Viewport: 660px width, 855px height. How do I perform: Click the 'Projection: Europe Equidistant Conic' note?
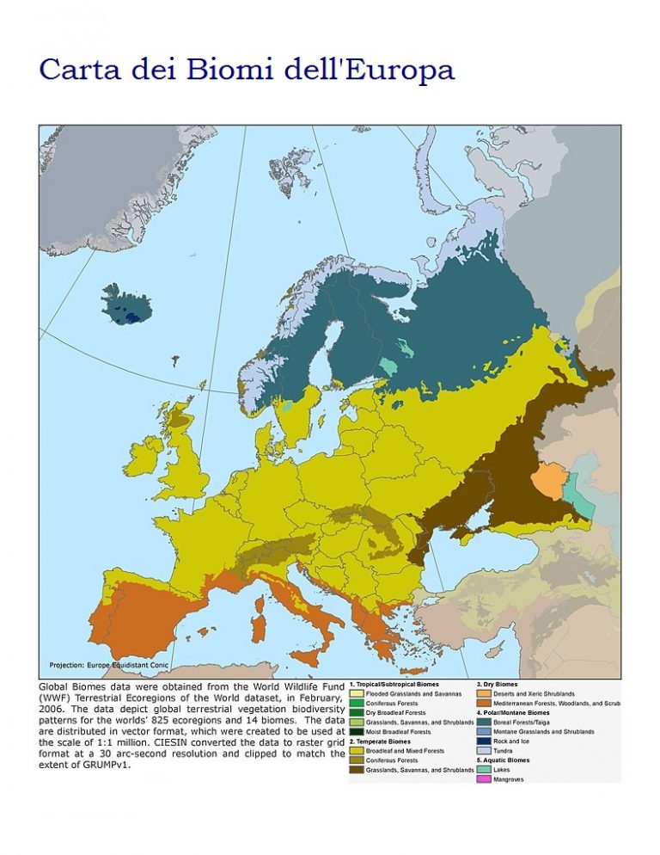pos(109,665)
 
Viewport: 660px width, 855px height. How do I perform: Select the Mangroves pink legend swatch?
pos(484,779)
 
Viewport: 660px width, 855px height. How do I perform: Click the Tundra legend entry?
pos(504,751)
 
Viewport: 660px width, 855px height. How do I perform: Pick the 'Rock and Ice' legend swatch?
pos(484,741)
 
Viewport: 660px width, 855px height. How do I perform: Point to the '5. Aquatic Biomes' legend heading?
pos(503,760)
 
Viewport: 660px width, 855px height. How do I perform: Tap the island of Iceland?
pos(126,304)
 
